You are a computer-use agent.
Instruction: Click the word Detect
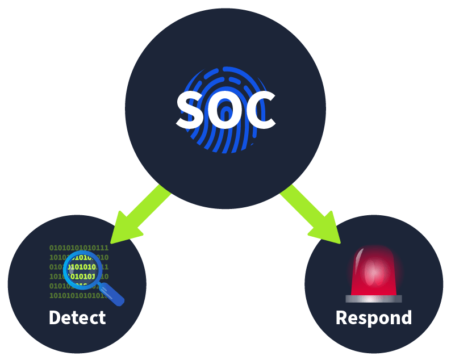[x=77, y=317]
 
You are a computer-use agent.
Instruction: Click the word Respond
[x=374, y=317]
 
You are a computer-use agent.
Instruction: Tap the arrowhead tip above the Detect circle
[x=114, y=241]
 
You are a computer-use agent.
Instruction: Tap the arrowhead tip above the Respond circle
[x=339, y=241]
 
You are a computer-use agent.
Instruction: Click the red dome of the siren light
[x=373, y=271]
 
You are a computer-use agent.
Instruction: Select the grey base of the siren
[x=373, y=299]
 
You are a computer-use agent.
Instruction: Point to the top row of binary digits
[x=79, y=248]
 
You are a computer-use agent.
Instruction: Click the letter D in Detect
[x=55, y=317]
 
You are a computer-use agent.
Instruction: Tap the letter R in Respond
[x=341, y=317]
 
